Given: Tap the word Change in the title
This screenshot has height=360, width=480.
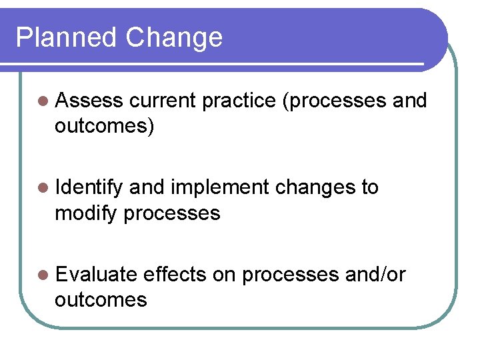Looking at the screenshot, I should [x=174, y=37].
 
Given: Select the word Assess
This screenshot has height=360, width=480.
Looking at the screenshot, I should [x=90, y=101].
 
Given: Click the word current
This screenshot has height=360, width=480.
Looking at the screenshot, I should [x=163, y=101].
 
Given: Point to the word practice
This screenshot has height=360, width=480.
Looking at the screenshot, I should [x=238, y=101].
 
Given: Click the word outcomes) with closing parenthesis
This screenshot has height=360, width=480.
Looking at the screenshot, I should [x=105, y=126].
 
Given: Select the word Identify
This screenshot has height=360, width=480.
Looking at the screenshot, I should [x=90, y=188].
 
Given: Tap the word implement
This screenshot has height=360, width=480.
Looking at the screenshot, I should [x=219, y=188].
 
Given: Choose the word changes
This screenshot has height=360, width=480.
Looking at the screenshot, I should [x=315, y=188].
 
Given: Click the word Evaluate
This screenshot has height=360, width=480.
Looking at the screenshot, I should [x=97, y=275].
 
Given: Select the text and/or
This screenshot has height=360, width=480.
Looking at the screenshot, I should [x=375, y=275].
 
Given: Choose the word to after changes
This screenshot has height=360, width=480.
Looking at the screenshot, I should [x=369, y=188].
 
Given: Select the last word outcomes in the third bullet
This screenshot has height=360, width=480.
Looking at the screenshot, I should [x=101, y=300].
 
